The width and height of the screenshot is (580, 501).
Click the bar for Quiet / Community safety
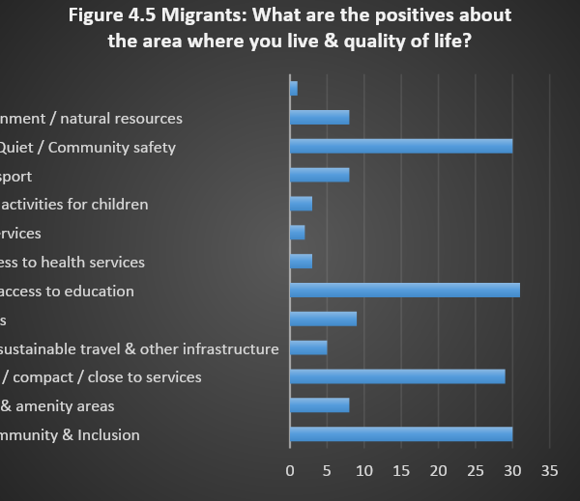pyautogui.click(x=401, y=147)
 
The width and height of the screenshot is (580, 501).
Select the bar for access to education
pyautogui.click(x=405, y=291)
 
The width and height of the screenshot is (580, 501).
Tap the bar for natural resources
pyautogui.click(x=319, y=118)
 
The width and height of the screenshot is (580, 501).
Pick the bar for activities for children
pyautogui.click(x=301, y=204)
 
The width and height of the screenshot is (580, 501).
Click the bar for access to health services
pyautogui.click(x=301, y=262)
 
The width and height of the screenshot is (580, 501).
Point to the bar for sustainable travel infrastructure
pyautogui.click(x=308, y=348)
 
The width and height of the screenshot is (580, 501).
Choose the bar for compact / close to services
pyautogui.click(x=397, y=376)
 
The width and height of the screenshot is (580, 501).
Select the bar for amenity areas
pyautogui.click(x=319, y=405)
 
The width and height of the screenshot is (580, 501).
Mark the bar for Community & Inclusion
pyautogui.click(x=401, y=434)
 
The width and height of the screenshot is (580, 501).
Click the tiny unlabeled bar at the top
pyautogui.click(x=294, y=89)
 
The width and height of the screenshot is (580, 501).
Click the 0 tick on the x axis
pyautogui.click(x=290, y=471)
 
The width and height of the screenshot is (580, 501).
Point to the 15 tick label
pyautogui.click(x=401, y=471)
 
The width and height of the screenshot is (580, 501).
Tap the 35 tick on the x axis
pyautogui.click(x=550, y=471)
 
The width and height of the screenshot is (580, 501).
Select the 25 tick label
pyautogui.click(x=476, y=471)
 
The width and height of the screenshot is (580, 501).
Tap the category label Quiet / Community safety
pyautogui.click(x=88, y=148)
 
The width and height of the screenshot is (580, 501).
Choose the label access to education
pyautogui.click(x=67, y=291)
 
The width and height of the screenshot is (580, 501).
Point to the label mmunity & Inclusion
pyautogui.click(x=70, y=434)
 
